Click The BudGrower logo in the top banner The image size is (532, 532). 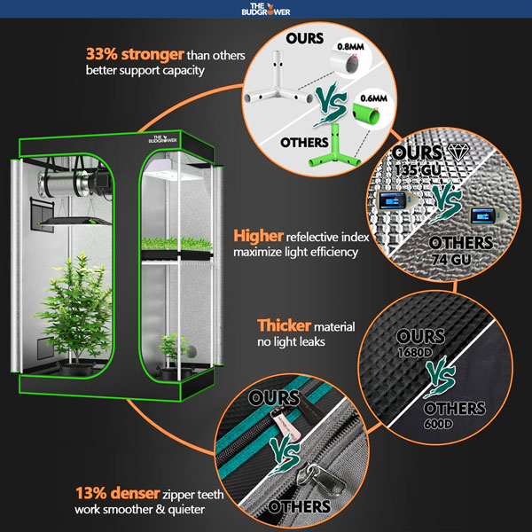(266, 9)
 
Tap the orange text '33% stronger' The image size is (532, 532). (135, 54)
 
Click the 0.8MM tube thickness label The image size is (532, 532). (350, 46)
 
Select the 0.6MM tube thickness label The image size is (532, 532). (373, 98)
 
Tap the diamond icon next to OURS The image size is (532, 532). (458, 152)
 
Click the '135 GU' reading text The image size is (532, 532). (418, 169)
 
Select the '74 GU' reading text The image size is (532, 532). (451, 260)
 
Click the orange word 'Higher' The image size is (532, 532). (258, 236)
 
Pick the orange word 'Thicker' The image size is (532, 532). (284, 325)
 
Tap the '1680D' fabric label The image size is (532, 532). (415, 353)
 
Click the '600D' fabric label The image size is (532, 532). (438, 424)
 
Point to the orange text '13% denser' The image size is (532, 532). (117, 493)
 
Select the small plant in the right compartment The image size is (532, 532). (174, 349)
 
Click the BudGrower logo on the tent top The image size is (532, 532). (162, 139)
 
